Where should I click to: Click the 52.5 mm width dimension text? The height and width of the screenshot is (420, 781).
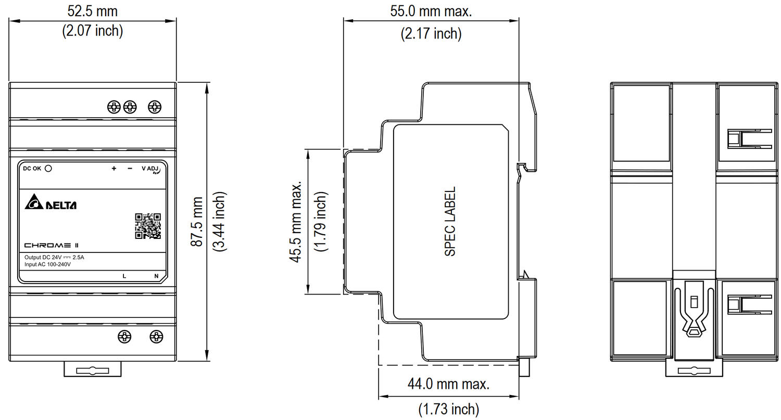point(92,11)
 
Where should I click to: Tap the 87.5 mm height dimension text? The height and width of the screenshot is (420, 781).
point(197,222)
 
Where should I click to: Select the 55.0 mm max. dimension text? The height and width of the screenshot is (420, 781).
point(431,11)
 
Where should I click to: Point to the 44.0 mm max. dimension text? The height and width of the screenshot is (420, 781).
point(449,384)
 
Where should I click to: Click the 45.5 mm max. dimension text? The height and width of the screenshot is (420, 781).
point(295,222)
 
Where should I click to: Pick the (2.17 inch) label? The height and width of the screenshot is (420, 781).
point(431,34)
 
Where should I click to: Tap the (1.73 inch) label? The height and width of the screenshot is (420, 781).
point(449,409)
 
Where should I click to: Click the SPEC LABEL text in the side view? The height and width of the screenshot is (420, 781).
point(450,222)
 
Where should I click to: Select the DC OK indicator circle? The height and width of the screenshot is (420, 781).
point(48,168)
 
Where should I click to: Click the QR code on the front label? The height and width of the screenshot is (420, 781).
point(148,226)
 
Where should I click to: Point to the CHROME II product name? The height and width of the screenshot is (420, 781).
point(51,245)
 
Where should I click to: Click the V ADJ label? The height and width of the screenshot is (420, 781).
point(150,169)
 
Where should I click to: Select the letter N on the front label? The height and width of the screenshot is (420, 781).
point(156,276)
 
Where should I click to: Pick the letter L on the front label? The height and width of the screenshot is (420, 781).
point(124,276)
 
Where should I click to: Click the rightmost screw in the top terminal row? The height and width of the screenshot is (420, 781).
point(155,107)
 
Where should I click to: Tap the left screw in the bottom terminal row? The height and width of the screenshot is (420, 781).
point(124,337)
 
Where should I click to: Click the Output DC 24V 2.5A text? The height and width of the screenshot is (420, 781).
point(54,258)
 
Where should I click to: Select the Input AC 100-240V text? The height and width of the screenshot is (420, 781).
point(47,264)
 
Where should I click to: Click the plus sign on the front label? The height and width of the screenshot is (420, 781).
point(114,168)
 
